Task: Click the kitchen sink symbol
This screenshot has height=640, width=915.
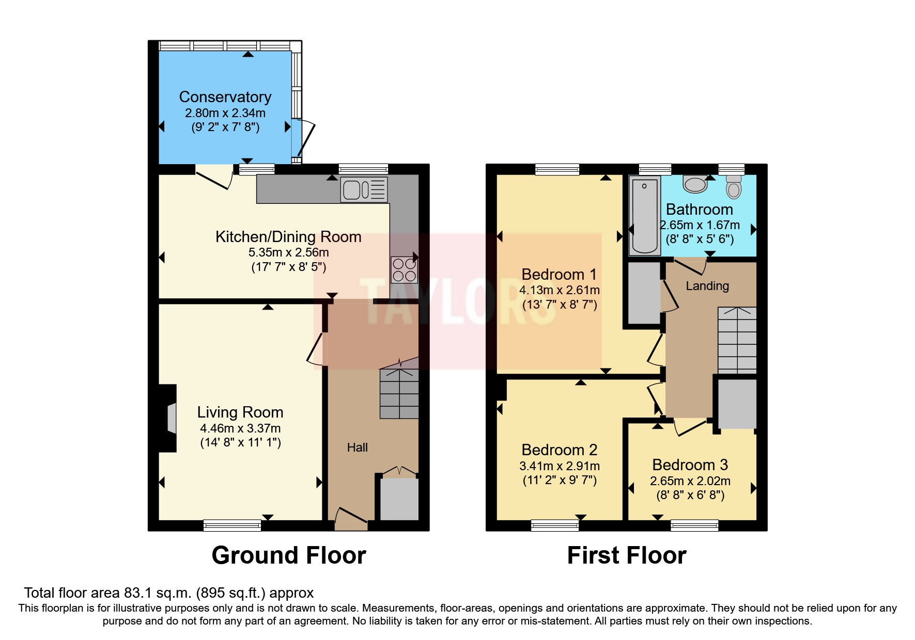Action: point(364,189)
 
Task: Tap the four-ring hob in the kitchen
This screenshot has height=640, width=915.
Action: point(404,270)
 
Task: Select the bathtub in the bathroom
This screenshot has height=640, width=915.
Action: point(644,216)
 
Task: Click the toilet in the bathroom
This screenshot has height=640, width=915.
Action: point(733,186)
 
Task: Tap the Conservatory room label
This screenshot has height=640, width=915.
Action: point(225,97)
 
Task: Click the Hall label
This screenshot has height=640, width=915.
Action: point(357,447)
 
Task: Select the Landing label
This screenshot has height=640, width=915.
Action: point(707,286)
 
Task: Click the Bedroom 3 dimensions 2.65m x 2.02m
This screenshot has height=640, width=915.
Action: point(690,481)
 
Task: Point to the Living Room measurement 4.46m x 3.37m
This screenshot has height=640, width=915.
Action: point(240,428)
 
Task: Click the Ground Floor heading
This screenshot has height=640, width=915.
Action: point(288,556)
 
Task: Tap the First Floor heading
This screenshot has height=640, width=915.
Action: point(626,556)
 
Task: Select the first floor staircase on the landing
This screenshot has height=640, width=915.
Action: point(737,341)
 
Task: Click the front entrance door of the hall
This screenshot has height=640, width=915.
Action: point(351,519)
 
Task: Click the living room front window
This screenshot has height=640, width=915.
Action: point(232,525)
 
